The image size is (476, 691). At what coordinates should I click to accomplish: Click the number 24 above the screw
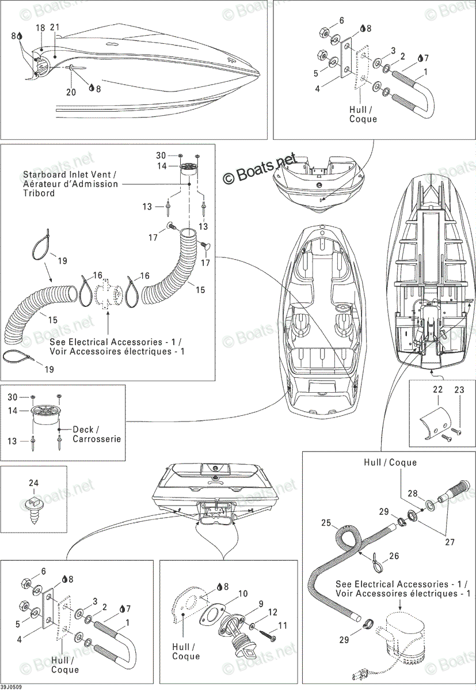coord(34,483)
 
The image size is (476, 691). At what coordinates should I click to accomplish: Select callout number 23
coord(459,390)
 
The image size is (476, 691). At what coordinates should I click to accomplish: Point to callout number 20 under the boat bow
coord(71,92)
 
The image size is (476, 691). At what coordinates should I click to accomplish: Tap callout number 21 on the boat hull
coord(55,27)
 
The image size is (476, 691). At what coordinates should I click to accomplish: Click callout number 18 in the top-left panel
coord(40,28)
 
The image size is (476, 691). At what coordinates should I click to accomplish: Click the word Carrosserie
coord(97,439)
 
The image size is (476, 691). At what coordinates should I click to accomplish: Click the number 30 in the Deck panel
coord(12,397)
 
